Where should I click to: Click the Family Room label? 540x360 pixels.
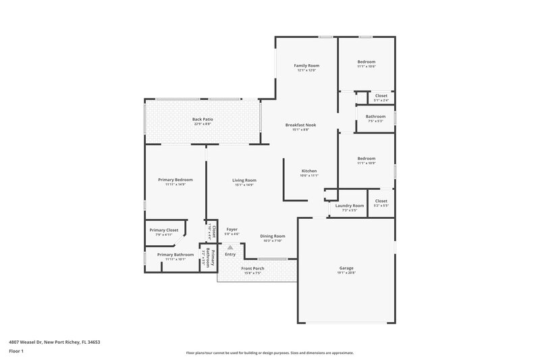(306, 65)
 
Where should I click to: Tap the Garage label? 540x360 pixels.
(346, 268)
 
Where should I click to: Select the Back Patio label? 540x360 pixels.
(202, 119)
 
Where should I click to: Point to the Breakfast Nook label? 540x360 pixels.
(301, 125)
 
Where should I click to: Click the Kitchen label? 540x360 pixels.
(309, 171)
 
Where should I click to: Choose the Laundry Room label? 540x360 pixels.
(350, 205)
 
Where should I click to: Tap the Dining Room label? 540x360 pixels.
(273, 236)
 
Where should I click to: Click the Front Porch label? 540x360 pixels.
(254, 268)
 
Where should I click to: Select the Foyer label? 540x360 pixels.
(232, 230)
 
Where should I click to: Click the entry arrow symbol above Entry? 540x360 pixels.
(230, 247)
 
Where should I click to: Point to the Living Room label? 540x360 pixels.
(244, 180)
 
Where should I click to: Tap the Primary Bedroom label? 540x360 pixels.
(175, 180)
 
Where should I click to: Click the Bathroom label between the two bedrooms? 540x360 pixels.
(375, 116)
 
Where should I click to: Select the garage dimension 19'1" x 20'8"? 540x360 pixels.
(346, 274)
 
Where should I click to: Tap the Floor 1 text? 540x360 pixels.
(16, 351)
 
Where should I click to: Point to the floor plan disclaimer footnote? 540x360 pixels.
(269, 353)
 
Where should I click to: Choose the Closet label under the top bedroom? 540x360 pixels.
(381, 96)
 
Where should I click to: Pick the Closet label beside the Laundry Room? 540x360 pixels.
(381, 201)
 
